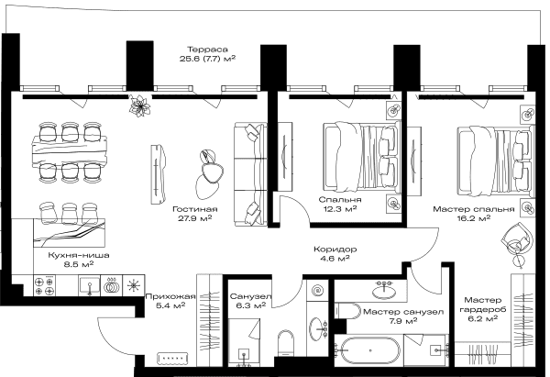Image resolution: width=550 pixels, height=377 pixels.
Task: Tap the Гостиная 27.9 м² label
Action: pyautogui.click(x=195, y=214)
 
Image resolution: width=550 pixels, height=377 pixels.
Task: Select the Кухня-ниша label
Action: pyautogui.click(x=79, y=255)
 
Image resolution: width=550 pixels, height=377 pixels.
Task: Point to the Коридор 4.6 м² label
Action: pyautogui.click(x=335, y=254)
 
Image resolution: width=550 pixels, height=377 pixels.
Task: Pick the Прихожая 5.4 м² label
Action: pyautogui.click(x=170, y=301)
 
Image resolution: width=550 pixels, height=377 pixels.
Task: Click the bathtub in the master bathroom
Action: pyautogui.click(x=369, y=350)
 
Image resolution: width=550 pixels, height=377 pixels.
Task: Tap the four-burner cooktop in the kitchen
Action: pyautogui.click(x=45, y=285)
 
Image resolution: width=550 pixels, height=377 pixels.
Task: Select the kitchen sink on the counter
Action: pyautogui.click(x=90, y=285)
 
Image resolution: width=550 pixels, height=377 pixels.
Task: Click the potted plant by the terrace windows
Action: pyautogui.click(x=139, y=105)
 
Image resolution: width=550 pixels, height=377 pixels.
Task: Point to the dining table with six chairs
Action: pyautogui.click(x=69, y=152)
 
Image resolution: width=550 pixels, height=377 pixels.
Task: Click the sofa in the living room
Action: pyautogui.click(x=250, y=173)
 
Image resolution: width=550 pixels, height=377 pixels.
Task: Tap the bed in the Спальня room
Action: pyautogui.click(x=361, y=157)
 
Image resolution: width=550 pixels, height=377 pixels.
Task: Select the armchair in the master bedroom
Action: pyautogui.click(x=518, y=239)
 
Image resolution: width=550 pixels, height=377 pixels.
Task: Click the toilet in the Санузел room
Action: pyautogui.click(x=285, y=343)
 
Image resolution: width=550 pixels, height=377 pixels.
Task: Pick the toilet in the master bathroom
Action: pyautogui.click(x=347, y=311)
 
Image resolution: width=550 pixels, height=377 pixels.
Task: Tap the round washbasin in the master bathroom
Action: pyautogui.click(x=384, y=291)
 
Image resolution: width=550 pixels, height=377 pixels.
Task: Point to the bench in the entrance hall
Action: pyautogui.click(x=172, y=358)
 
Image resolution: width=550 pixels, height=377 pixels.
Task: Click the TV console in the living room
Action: pyautogui.click(x=158, y=174)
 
